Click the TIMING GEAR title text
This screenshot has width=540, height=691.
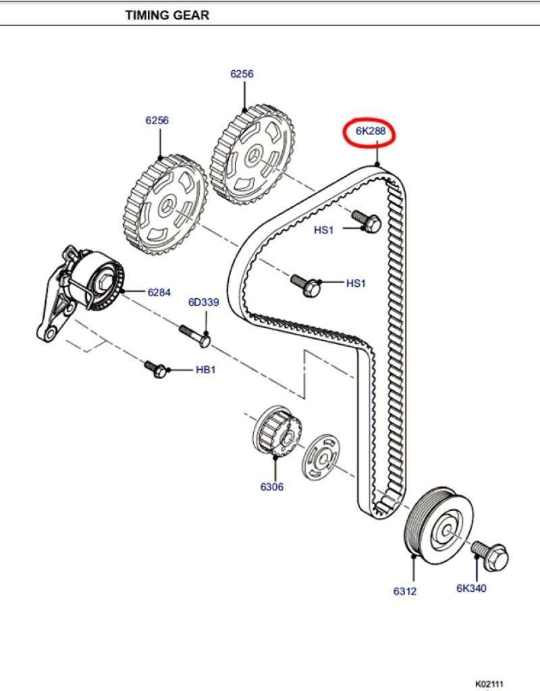pos(167,15)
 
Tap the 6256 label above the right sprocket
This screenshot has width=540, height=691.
pos(242,74)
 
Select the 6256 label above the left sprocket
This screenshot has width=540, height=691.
pos(157,120)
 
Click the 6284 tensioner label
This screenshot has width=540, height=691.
pos(159,292)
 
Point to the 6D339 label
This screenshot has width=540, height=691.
pos(203,302)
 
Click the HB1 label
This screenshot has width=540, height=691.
pos(205,370)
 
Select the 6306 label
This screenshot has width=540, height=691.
pos(272,487)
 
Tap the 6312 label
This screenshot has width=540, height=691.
pos(405,591)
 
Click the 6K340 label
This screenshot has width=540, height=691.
pos(471,588)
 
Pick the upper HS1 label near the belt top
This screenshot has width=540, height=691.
pos(324,229)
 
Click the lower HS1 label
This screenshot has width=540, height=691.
pos(356,283)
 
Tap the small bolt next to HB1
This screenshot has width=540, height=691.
pos(155,369)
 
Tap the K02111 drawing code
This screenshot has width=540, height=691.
pos(489,683)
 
